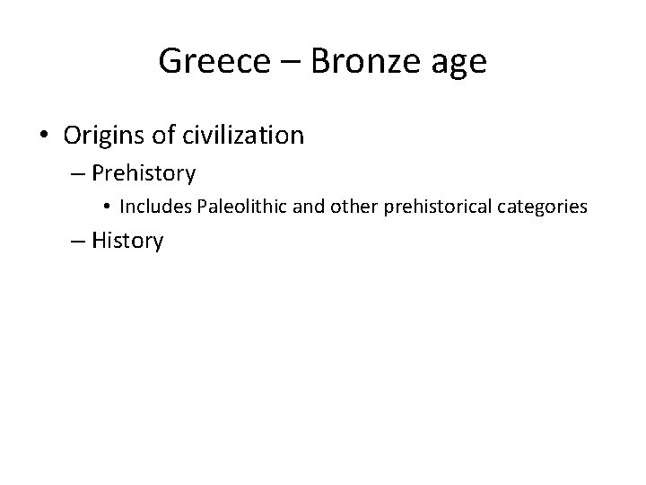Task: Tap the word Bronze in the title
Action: [363, 62]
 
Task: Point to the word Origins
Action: [104, 136]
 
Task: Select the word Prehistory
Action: [144, 172]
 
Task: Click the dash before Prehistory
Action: [78, 172]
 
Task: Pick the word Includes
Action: [153, 207]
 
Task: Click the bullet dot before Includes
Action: [106, 207]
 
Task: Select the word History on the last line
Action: [127, 241]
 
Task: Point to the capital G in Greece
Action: [168, 62]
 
